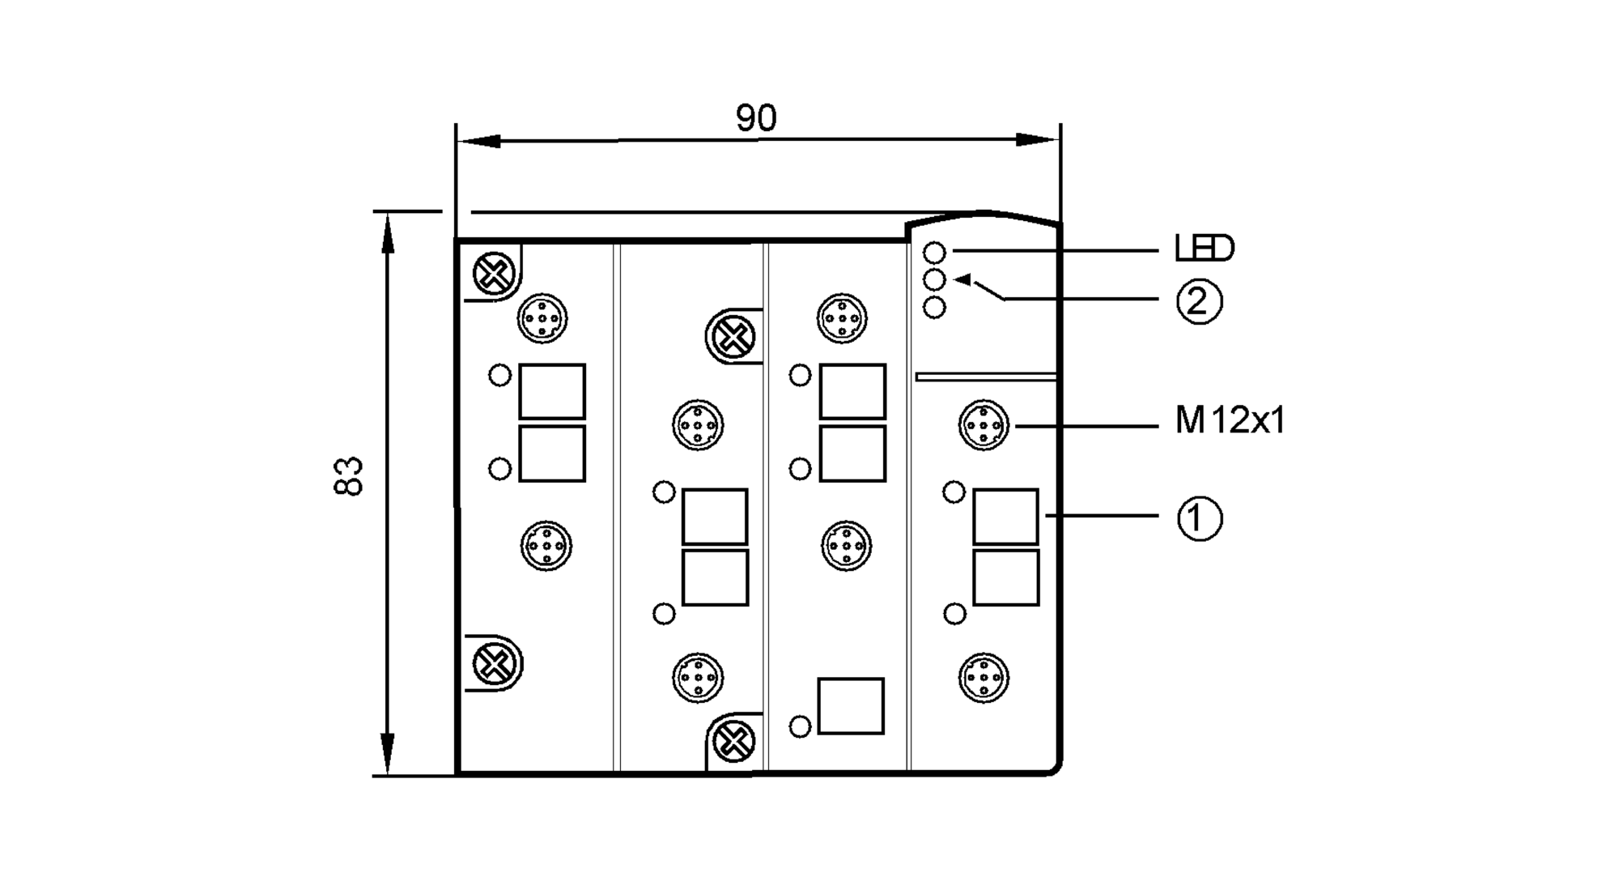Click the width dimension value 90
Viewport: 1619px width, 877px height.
[x=756, y=118]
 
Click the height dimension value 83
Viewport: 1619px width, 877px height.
[x=350, y=476]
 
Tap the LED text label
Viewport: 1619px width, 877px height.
[x=1204, y=249]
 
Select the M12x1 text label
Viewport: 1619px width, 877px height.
[x=1230, y=421]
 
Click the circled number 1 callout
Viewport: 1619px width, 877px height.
[x=1199, y=518]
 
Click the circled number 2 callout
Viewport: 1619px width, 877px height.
[x=1198, y=301]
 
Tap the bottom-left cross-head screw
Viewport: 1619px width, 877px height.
[x=494, y=664]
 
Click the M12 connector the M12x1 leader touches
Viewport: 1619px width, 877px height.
[x=984, y=424]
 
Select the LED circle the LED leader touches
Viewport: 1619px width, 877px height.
[x=934, y=253]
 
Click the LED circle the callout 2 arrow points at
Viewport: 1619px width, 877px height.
[x=934, y=280]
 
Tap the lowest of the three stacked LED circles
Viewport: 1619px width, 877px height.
[x=934, y=308]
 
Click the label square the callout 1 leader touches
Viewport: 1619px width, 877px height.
[x=1005, y=517]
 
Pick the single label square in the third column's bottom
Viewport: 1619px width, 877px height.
[x=850, y=706]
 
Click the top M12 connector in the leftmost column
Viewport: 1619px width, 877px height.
[x=542, y=318]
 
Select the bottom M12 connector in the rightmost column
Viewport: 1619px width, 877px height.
[x=984, y=677]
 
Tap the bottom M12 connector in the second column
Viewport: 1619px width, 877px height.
[x=698, y=677]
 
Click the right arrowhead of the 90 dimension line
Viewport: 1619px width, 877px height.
[x=1036, y=140]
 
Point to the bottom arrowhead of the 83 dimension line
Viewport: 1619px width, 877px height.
[x=388, y=753]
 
